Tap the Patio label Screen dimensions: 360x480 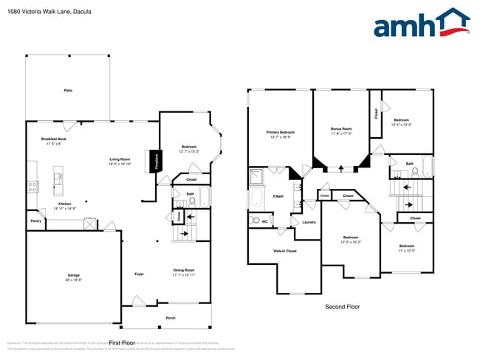(68, 91)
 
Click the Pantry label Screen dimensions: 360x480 (35, 221)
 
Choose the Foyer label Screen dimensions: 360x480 (139, 274)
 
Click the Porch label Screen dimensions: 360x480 (171, 319)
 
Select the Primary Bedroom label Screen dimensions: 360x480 (280, 133)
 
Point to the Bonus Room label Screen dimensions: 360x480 (341, 129)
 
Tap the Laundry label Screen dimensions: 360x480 (309, 222)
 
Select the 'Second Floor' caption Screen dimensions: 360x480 (343, 306)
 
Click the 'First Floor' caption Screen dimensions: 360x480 (123, 343)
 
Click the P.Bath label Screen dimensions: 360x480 (279, 196)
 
